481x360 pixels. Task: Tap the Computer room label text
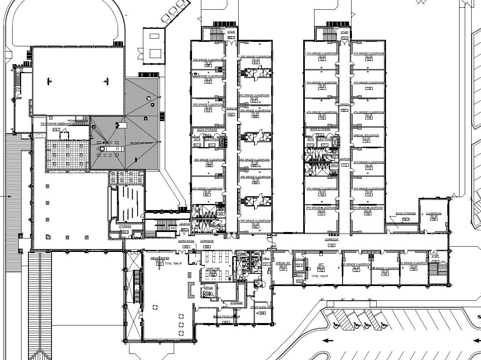[x=213, y=269]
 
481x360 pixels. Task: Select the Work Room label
[x=186, y=241]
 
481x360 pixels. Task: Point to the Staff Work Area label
[x=262, y=308]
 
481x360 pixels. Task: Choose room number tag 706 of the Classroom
[x=434, y=219]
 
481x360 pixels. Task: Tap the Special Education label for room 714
[x=366, y=135]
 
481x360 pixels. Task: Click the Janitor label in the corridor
[x=345, y=159]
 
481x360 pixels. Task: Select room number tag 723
[x=322, y=59]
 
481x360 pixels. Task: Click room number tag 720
[x=369, y=59]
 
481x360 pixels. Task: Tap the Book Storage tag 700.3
[x=405, y=219]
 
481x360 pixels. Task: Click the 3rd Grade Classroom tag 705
[x=414, y=269]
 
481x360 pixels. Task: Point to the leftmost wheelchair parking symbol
[x=336, y=325]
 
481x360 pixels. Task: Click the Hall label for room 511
[x=266, y=258]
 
